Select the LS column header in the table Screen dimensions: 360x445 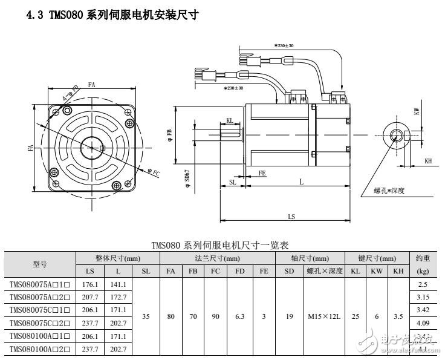89,272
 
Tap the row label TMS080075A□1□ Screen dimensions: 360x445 40,284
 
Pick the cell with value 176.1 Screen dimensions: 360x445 89,284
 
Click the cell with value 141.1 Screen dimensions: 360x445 118,284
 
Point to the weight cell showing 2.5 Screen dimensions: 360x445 423,284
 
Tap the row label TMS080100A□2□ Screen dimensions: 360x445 40,350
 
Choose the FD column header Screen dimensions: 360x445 239,272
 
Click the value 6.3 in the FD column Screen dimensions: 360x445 239,316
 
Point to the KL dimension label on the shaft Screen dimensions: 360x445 230,120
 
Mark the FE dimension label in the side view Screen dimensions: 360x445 262,173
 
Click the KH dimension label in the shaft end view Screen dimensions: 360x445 428,162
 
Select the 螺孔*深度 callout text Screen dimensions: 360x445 389,191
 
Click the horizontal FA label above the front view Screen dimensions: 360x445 91,85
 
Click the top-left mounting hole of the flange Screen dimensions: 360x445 56,113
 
